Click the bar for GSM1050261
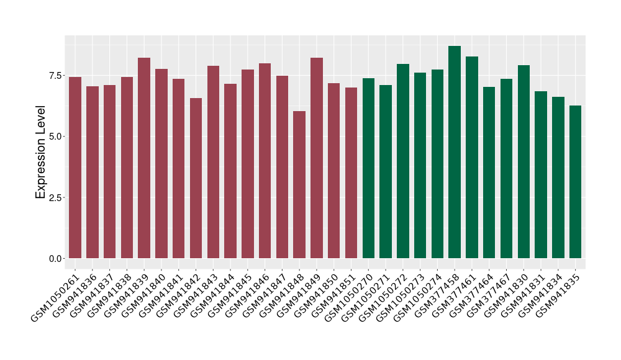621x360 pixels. point(75,168)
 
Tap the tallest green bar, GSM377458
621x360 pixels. point(455,152)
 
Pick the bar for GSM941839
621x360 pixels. point(144,158)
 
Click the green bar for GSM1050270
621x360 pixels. point(368,168)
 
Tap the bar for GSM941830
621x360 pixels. point(524,161)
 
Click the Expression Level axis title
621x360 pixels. point(40,152)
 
